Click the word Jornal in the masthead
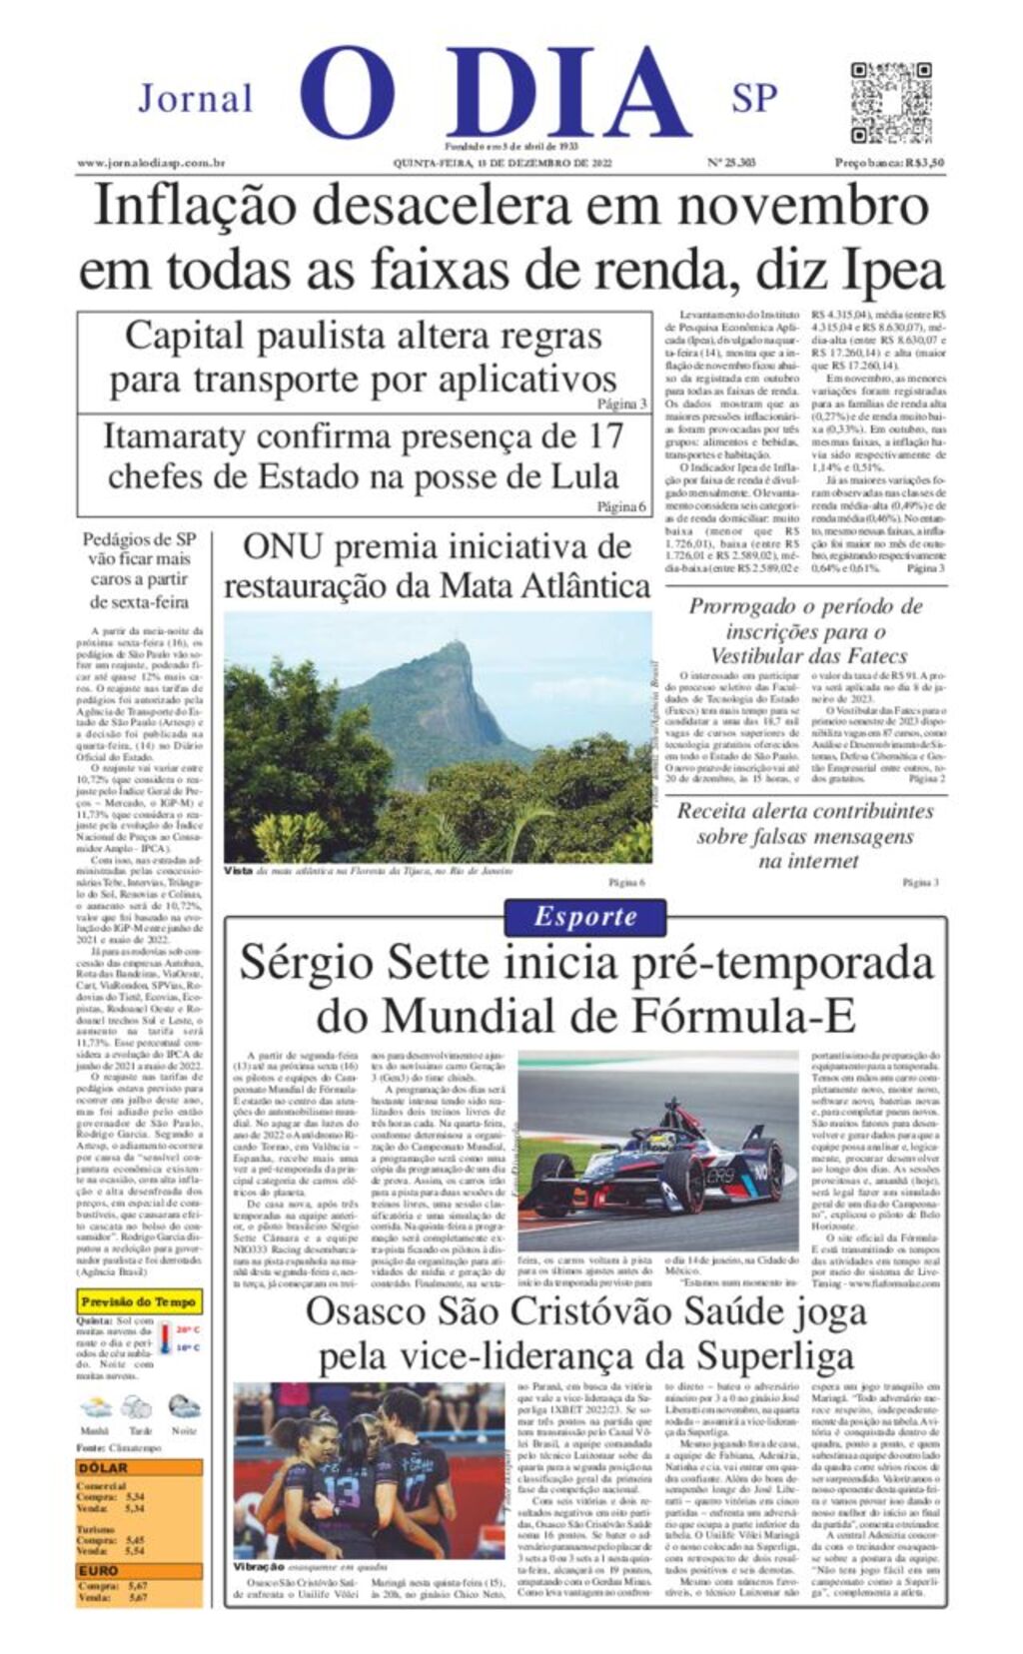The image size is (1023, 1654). pyautogui.click(x=196, y=99)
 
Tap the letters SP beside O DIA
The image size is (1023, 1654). pyautogui.click(x=754, y=99)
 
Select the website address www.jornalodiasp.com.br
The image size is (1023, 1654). pyautogui.click(x=151, y=163)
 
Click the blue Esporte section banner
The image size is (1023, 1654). pyautogui.click(x=584, y=917)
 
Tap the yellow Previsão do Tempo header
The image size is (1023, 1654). pyautogui.click(x=139, y=1302)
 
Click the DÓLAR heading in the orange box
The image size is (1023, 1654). pyautogui.click(x=104, y=1468)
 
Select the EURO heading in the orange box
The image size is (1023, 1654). pyautogui.click(x=99, y=1571)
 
